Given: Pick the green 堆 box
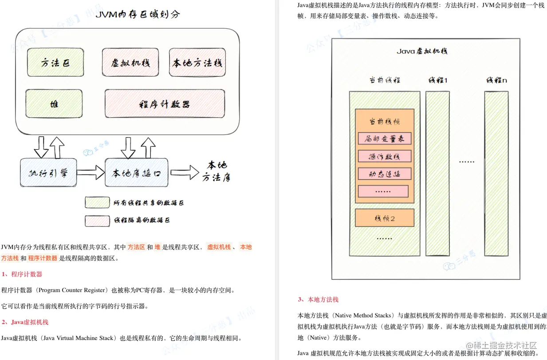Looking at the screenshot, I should pos(54,104).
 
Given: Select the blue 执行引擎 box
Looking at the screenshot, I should pos(48,172).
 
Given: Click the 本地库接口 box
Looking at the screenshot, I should pos(137,172).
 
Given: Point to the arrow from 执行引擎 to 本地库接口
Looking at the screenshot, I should pos(91,172).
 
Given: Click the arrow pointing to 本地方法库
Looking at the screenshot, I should pos(185,172).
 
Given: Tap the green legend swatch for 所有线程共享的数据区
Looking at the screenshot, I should pos(97,203).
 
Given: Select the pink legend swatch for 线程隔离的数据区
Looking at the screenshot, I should pos(97,220).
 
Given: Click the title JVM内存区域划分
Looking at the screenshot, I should pos(138,14).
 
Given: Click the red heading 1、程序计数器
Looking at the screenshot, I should pos(22,274).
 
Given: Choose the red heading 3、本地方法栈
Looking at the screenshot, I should pos(318,300).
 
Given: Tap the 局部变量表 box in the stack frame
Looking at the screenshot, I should pos(384,138).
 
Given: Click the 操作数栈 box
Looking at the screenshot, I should pos(384,156).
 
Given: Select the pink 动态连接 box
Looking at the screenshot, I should pos(384,174).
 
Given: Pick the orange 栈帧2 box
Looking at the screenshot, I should pos(384,218).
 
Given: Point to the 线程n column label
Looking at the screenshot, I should pos(496,80).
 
